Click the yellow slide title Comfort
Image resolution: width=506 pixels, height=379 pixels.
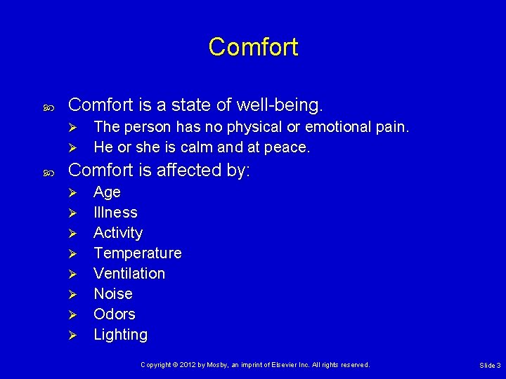[x=253, y=47]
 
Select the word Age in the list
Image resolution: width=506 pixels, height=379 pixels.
[x=107, y=192]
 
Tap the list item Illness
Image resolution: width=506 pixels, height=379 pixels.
[x=115, y=212]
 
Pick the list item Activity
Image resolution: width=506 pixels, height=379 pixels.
[x=118, y=232]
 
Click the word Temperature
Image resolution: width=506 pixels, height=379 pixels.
[x=137, y=253]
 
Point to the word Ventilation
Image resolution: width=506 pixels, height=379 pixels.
[x=129, y=273]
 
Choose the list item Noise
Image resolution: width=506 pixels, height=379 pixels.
[x=113, y=293]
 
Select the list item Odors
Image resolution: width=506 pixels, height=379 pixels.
[x=115, y=314]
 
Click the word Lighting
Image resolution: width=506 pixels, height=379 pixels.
[x=120, y=335]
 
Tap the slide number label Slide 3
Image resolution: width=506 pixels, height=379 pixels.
[x=490, y=366]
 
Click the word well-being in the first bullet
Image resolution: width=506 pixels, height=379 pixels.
[x=280, y=105]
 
